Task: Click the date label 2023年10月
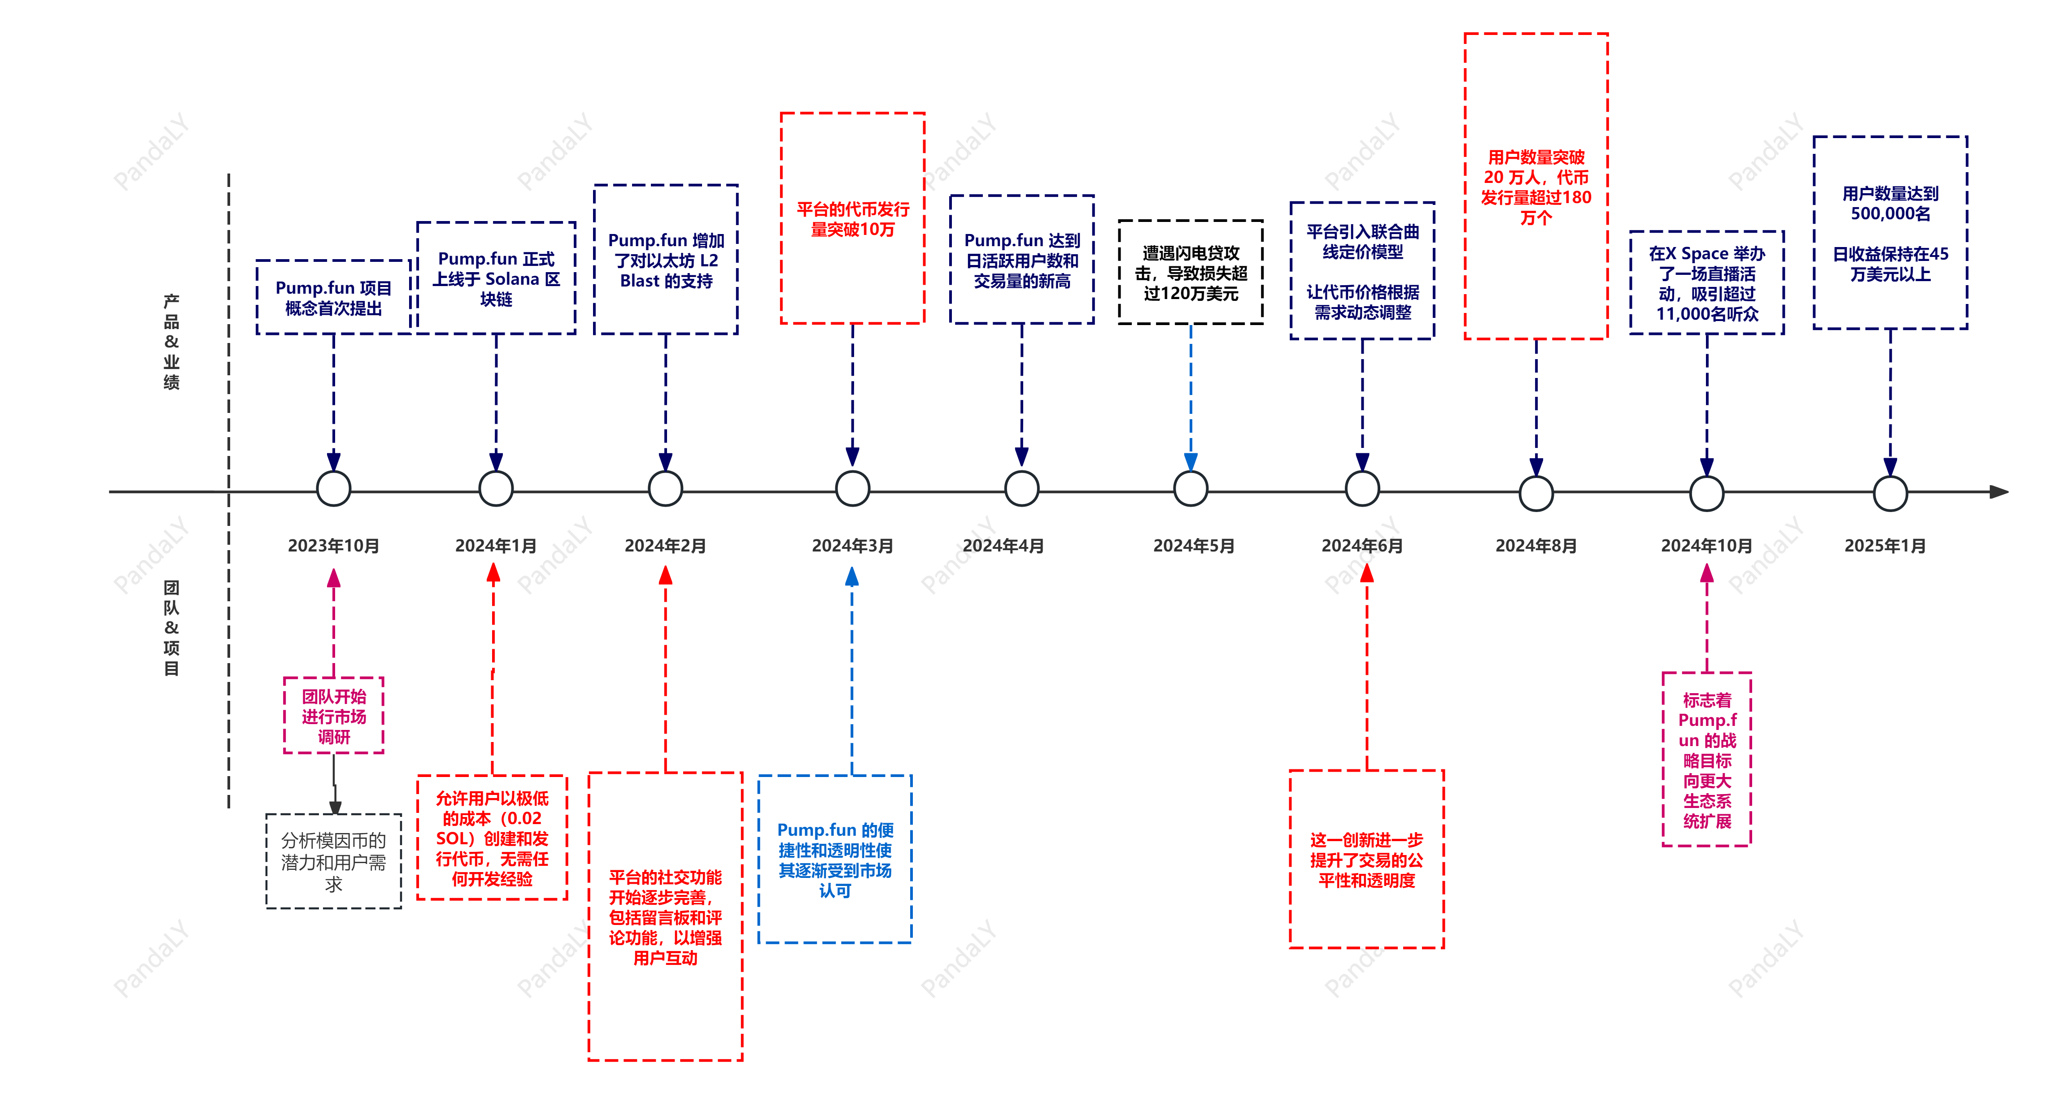[x=333, y=546]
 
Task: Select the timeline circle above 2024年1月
[x=496, y=489]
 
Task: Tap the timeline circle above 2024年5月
[x=1191, y=489]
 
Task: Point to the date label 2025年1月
[x=1885, y=546]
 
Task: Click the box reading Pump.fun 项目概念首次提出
[x=333, y=298]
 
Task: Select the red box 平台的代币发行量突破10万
[x=852, y=219]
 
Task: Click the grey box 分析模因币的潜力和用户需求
[x=333, y=862]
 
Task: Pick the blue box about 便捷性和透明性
[x=835, y=860]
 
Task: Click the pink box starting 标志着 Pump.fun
[x=1707, y=760]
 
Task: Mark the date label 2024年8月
[x=1536, y=546]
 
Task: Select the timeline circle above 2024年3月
[x=852, y=489]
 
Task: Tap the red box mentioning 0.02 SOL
[x=493, y=838]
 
